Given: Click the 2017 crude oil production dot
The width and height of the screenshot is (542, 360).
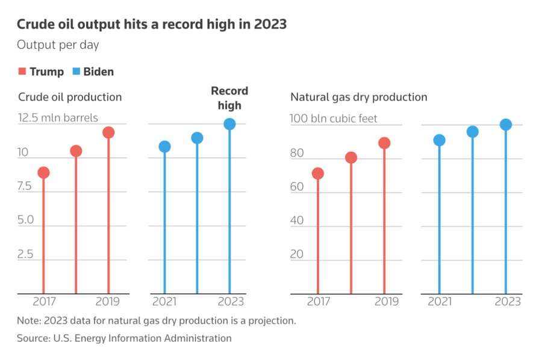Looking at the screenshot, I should [43, 173].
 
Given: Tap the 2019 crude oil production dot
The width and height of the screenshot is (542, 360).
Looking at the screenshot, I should [108, 132].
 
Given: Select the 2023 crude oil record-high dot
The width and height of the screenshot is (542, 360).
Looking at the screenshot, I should [229, 124].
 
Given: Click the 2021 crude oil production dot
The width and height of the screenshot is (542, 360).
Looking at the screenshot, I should [164, 146].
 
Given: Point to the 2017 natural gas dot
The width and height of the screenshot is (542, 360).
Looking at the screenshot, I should [318, 174].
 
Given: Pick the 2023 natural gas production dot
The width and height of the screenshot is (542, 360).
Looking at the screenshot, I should [506, 125].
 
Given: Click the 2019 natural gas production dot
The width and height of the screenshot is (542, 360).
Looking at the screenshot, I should [384, 143].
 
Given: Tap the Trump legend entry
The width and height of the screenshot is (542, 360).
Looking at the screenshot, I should [41, 72].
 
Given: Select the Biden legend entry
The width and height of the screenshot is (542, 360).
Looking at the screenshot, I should [93, 72].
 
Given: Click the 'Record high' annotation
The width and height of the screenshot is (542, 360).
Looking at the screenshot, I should [229, 98].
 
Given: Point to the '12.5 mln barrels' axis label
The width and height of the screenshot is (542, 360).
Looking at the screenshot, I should [58, 118].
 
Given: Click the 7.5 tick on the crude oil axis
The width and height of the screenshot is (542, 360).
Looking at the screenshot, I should [25, 187].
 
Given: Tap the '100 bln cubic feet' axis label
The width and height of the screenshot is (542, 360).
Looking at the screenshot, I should [334, 119].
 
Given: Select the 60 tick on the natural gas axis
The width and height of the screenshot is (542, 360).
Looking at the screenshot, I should [297, 187].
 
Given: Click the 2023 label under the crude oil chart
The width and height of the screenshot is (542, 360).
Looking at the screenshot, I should [229, 302].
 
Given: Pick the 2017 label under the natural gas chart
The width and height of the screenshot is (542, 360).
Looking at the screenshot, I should [319, 302].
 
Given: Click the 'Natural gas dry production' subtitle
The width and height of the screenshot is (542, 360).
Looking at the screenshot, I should [359, 97].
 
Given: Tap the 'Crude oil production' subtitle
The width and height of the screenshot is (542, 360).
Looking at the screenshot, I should [70, 97].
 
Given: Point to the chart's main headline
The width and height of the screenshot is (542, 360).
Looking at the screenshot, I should [151, 25].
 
